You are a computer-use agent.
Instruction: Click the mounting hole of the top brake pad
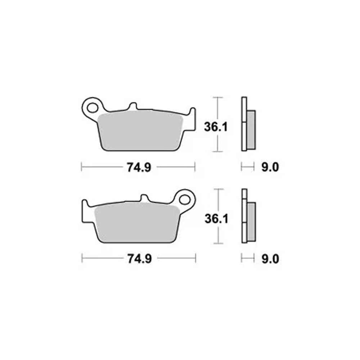pos(92,108)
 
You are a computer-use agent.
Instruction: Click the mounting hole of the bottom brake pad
pos(185,199)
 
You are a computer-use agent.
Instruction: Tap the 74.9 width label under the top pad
pos(139,167)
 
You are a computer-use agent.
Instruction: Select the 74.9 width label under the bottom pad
pos(140,259)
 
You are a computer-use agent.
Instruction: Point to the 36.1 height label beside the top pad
pos(216,127)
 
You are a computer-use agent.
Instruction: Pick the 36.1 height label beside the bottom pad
pos(216,219)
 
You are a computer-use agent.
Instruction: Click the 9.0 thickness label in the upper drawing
pos(270,167)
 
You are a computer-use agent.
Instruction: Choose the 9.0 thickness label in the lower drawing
pos(270,259)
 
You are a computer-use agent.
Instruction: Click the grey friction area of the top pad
pos(140,131)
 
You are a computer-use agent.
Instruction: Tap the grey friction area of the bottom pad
pos(137,223)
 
